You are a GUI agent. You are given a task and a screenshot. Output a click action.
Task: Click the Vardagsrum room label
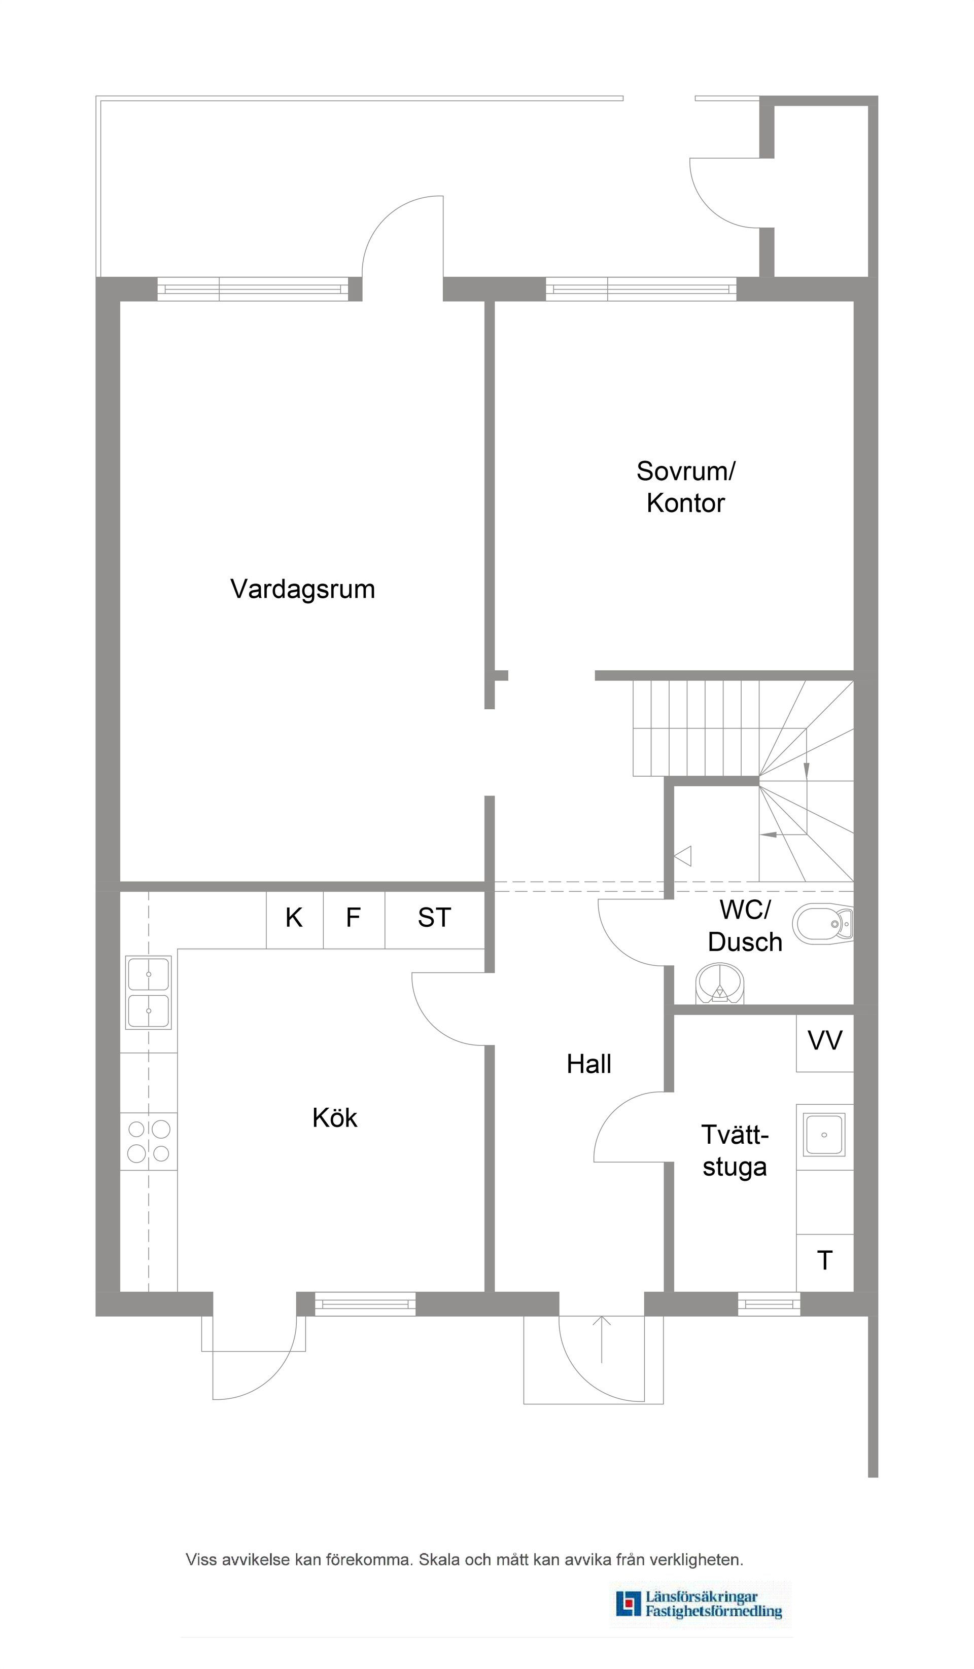[303, 589]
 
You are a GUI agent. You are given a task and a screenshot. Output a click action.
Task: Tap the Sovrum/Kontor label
[686, 487]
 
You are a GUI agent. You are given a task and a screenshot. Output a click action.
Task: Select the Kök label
[335, 1118]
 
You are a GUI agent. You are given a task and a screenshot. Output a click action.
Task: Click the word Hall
[588, 1064]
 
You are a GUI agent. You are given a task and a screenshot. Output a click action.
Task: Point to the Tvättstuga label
[734, 1150]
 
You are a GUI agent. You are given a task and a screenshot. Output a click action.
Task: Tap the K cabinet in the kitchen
[294, 919]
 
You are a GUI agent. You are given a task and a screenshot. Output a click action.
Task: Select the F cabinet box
[353, 919]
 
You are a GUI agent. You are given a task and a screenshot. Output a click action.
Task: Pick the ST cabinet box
[435, 919]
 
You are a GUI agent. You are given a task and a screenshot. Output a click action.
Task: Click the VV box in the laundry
[824, 1041]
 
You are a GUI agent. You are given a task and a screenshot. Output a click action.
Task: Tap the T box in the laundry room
[824, 1261]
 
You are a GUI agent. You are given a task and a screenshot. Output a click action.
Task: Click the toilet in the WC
[822, 925]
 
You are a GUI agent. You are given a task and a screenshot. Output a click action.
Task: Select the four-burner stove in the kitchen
[149, 1141]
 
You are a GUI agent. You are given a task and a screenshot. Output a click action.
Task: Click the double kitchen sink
[149, 992]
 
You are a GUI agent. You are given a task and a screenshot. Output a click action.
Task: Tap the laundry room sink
[824, 1135]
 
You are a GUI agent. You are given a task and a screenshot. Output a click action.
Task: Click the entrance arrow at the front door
[601, 1338]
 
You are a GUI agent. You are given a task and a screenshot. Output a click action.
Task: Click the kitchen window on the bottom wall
[364, 1304]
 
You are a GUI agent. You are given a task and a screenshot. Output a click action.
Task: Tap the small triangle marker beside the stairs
[683, 856]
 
